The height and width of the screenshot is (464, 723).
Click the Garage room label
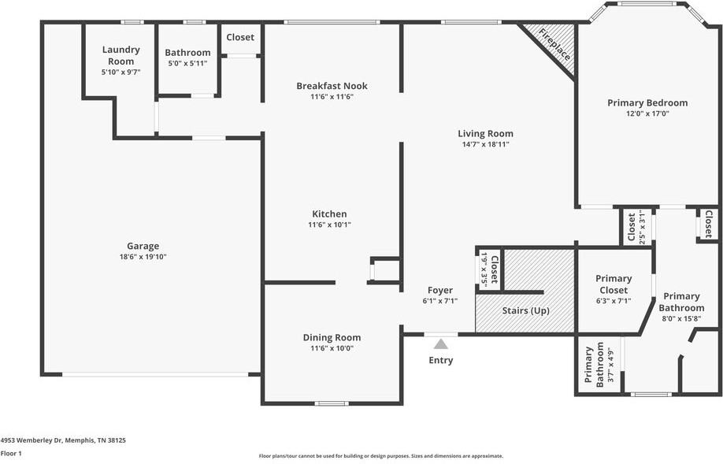[143, 246]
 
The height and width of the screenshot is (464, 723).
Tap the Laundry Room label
[120, 55]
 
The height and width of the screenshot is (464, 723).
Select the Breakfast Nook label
[332, 86]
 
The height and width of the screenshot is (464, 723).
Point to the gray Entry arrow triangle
[441, 343]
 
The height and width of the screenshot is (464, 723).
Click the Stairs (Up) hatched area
[525, 310]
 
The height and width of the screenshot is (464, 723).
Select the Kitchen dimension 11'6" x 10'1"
[329, 225]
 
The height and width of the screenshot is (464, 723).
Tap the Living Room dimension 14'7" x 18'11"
[485, 144]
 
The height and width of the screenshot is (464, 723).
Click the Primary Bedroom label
[647, 102]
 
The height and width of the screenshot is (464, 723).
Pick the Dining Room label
[332, 337]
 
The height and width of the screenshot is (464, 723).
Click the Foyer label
[439, 290]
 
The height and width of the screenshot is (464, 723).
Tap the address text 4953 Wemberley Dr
[63, 440]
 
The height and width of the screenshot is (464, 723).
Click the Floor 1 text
[11, 454]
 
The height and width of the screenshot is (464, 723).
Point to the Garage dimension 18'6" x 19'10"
[143, 256]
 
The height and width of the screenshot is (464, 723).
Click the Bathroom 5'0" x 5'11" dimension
[187, 63]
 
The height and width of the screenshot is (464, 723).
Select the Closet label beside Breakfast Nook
[240, 37]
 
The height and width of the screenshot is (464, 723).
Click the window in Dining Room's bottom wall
[331, 403]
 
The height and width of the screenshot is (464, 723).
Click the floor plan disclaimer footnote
[380, 455]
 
